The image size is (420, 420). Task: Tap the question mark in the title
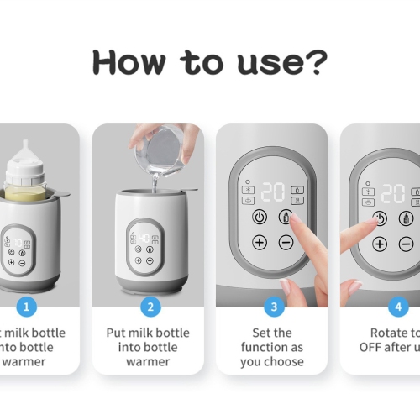(x=316, y=62)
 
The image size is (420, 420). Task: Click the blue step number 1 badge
(x=28, y=307)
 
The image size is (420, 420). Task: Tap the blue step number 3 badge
(x=272, y=307)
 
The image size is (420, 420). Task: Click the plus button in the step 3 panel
(x=260, y=243)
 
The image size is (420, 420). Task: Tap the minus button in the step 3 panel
(x=286, y=243)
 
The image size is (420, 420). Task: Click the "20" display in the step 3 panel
(x=272, y=192)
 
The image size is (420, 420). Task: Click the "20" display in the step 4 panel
(x=392, y=193)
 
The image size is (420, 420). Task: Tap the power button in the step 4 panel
(x=380, y=218)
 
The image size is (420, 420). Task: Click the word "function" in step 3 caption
(x=272, y=348)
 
